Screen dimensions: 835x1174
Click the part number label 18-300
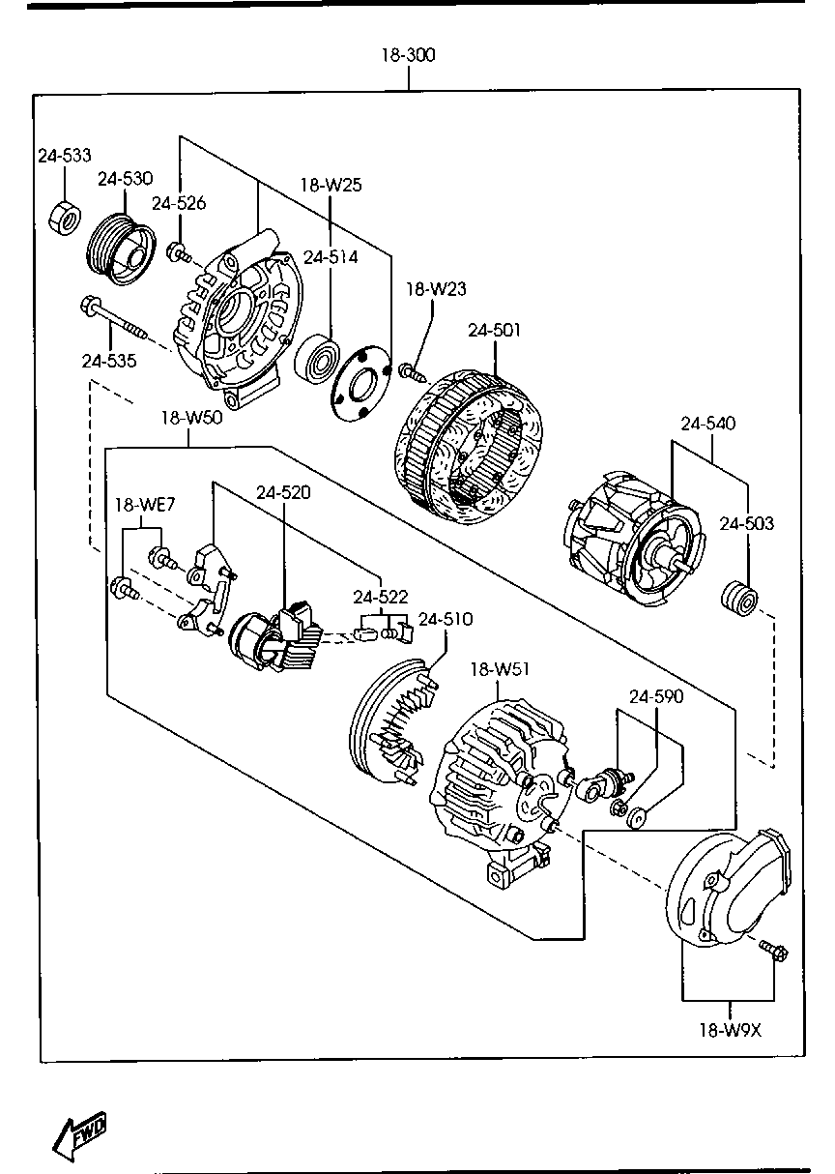[408, 55]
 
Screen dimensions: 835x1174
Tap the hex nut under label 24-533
[65, 217]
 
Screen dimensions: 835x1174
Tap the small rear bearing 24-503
[739, 598]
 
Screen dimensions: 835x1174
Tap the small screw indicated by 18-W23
[414, 372]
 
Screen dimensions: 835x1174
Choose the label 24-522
[381, 597]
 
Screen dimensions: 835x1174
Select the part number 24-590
[656, 696]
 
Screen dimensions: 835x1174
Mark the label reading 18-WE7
[145, 504]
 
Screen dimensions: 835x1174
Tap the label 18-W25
[331, 185]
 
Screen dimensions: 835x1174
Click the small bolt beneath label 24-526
[180, 252]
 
